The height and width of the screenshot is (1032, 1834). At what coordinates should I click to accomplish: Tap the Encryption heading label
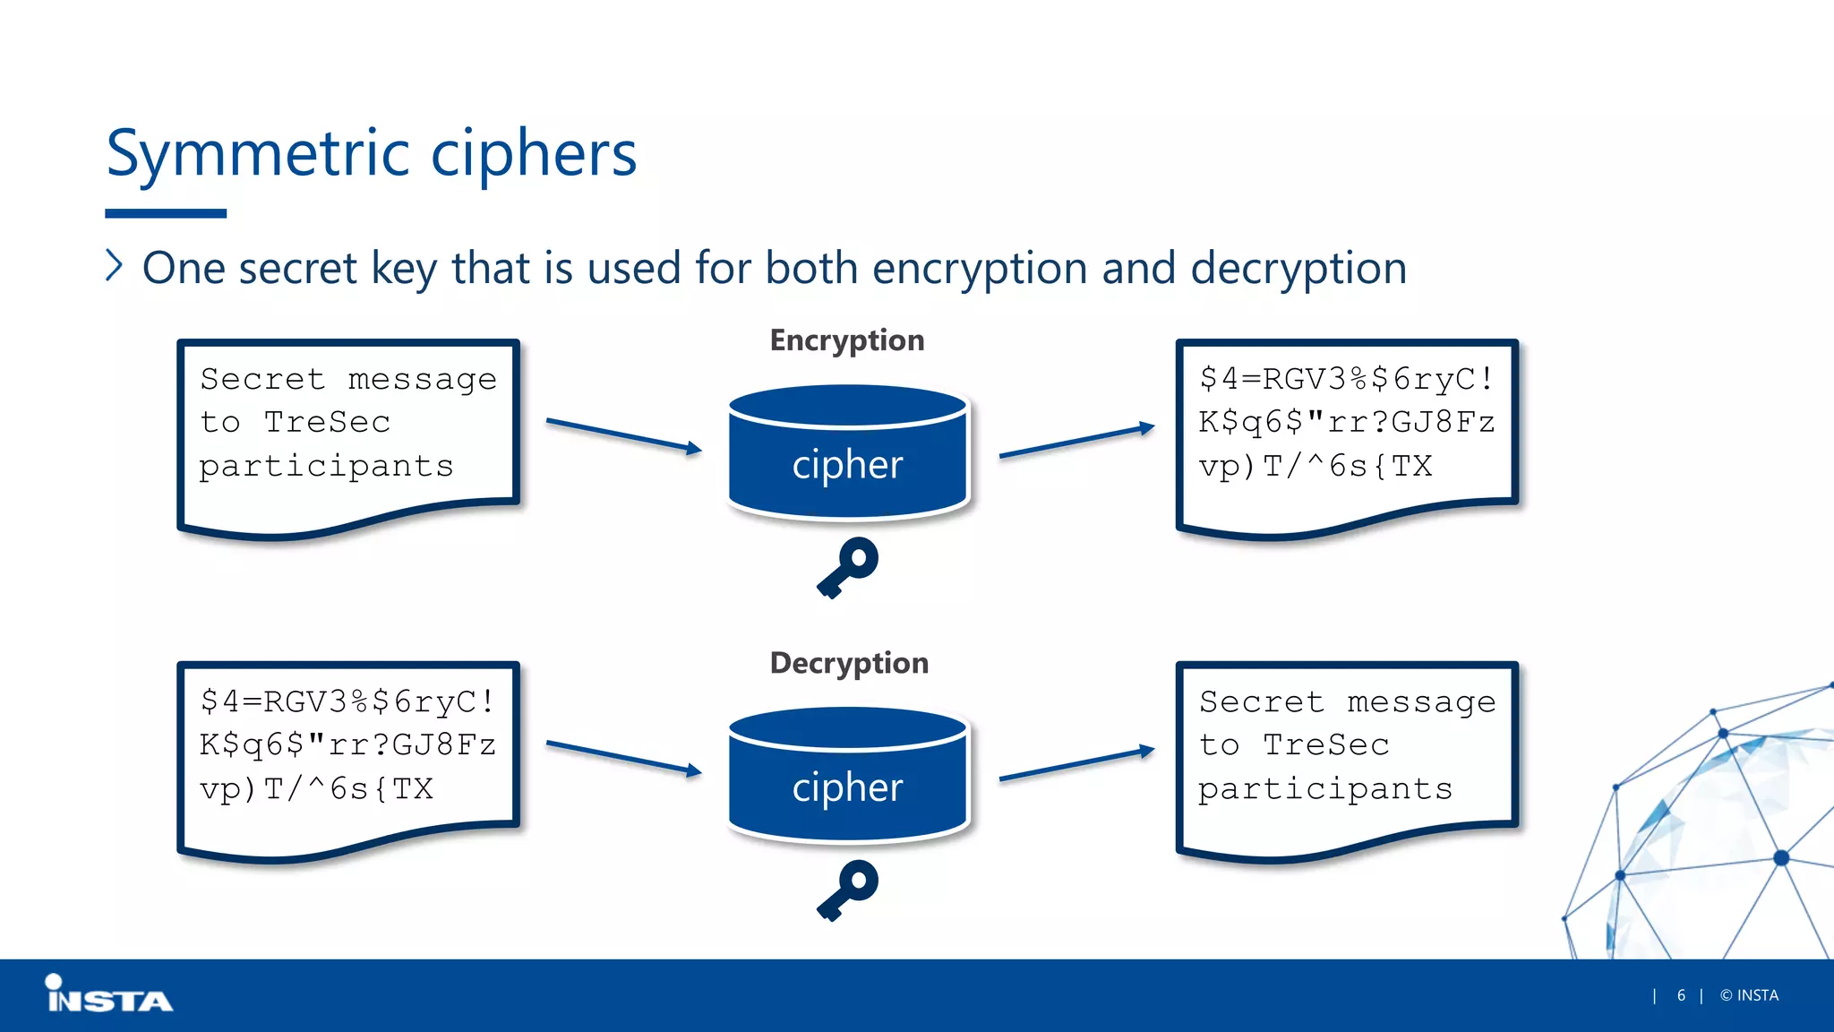click(x=846, y=340)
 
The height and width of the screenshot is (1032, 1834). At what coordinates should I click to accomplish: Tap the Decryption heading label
click(x=849, y=663)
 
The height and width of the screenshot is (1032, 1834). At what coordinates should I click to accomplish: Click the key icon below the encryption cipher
click(x=847, y=566)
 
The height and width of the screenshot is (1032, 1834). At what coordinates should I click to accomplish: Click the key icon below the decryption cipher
click(x=847, y=889)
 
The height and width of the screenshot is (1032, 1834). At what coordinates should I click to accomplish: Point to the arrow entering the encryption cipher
click(x=623, y=434)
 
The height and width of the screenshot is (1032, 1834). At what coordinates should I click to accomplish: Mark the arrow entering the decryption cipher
click(x=623, y=757)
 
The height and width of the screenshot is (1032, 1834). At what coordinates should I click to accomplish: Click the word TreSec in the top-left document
click(x=327, y=422)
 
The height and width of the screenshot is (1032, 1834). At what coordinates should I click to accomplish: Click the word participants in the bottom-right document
click(x=1325, y=789)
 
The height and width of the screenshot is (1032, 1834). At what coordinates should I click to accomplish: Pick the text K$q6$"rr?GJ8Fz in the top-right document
click(x=1346, y=422)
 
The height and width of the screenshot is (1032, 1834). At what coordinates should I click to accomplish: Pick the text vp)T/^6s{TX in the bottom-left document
click(x=316, y=789)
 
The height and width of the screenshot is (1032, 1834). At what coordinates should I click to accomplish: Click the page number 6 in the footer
click(x=1681, y=995)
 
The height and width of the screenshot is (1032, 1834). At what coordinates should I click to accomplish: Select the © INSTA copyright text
click(x=1749, y=995)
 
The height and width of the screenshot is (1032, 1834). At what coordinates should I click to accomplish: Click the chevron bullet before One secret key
click(x=114, y=266)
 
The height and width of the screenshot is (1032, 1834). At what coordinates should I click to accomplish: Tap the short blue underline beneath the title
click(x=166, y=213)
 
